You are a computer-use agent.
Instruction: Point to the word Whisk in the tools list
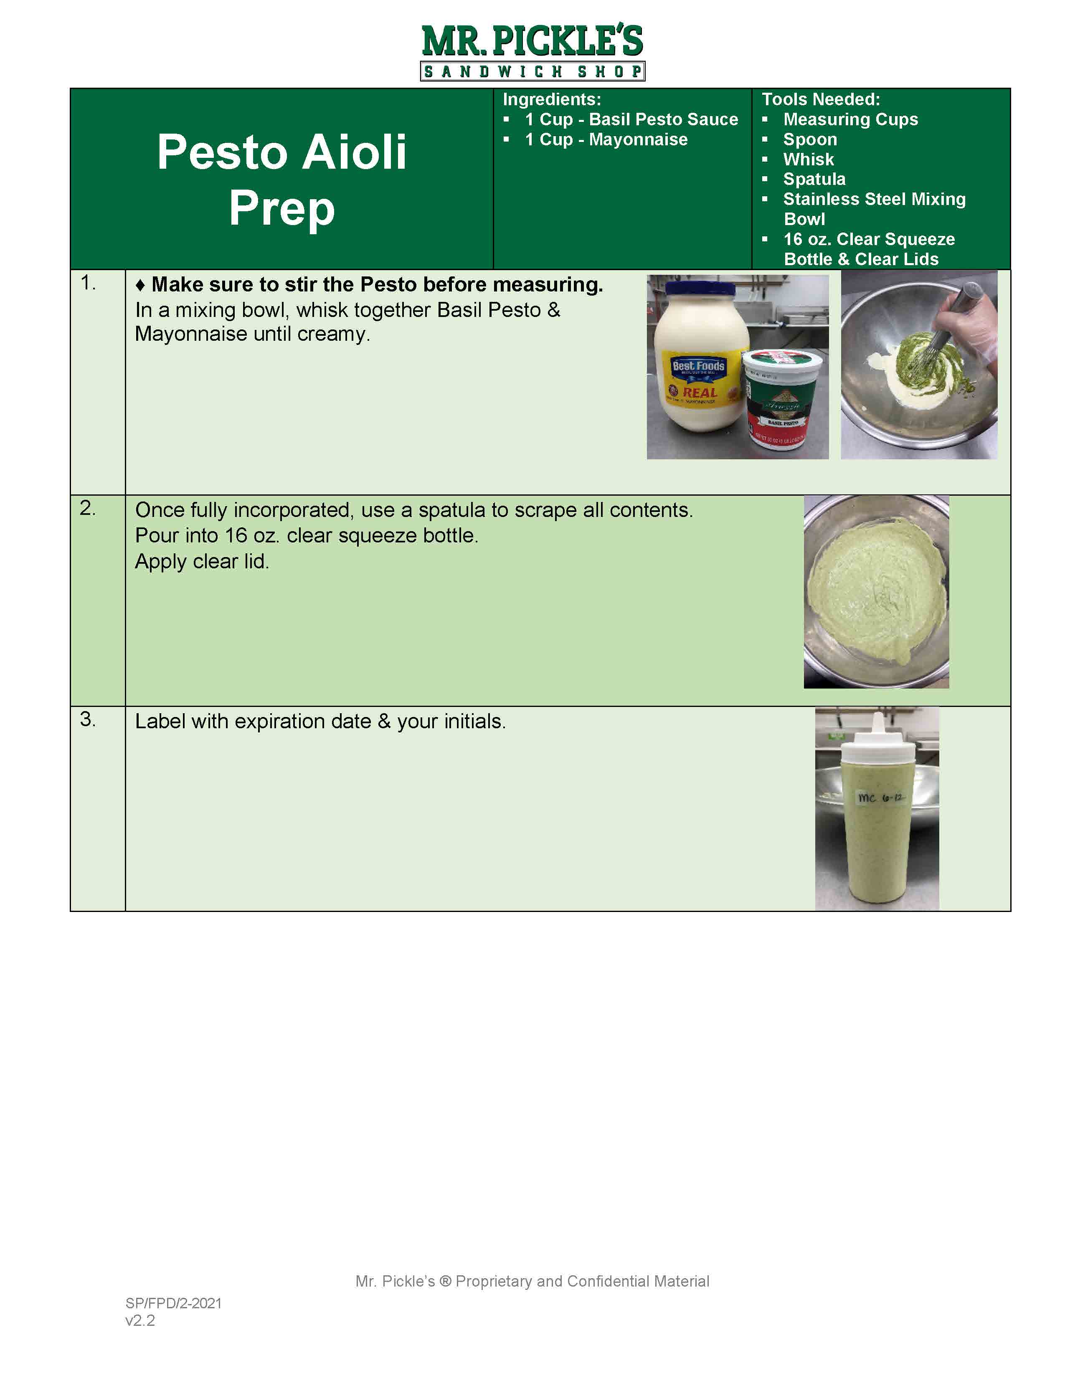click(x=808, y=159)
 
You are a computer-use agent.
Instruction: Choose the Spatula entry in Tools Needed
click(x=814, y=179)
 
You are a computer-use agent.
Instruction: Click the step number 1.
click(x=88, y=284)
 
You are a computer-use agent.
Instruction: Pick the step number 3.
click(x=88, y=719)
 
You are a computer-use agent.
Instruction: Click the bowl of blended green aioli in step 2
click(x=876, y=592)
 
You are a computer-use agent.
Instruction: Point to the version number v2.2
click(x=140, y=1320)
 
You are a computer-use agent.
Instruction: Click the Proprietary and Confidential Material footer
click(x=532, y=1282)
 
